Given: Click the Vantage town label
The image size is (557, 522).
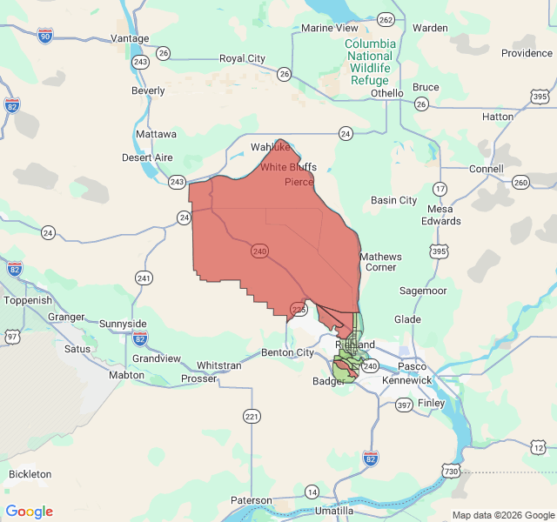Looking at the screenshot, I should [130, 38].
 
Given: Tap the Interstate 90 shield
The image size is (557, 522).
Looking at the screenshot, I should [45, 35].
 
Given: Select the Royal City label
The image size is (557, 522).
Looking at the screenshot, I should [242, 58].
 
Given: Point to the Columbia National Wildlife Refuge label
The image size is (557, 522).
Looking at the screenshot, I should [370, 62].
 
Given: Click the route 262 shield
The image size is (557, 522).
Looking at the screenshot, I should [386, 19].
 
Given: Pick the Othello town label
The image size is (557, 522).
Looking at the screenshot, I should [386, 93].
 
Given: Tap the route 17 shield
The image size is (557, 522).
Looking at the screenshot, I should [440, 188].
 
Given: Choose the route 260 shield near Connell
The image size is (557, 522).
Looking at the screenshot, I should [520, 182].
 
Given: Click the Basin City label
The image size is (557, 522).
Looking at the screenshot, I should [393, 200].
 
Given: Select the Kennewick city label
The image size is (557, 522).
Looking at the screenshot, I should [407, 380].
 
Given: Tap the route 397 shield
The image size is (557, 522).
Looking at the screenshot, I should [404, 405].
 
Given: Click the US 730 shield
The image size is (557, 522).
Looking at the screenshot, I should [451, 471].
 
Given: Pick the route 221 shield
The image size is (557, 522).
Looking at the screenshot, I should [252, 417].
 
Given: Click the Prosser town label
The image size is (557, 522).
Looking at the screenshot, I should [198, 378].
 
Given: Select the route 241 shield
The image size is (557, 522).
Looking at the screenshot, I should [144, 278].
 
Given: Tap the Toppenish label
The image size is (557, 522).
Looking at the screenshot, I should [28, 300].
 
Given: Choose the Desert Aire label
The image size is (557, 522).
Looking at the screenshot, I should [147, 157].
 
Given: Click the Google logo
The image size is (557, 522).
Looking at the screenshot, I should [30, 512].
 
